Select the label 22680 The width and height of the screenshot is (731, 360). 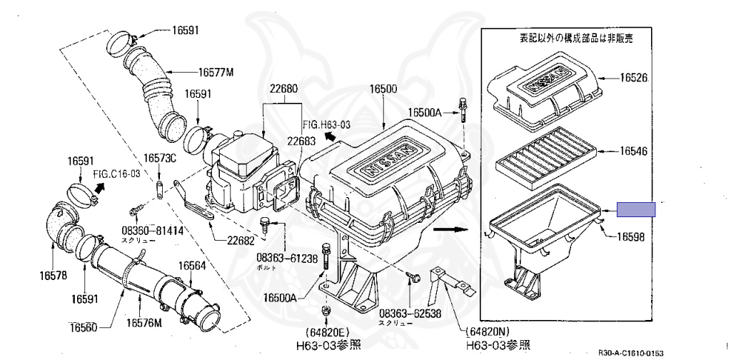[x=283, y=89]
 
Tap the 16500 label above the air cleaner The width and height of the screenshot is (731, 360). [x=383, y=89]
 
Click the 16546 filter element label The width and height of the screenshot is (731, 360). [x=632, y=151]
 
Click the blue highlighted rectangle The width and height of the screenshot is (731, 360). [x=635, y=209]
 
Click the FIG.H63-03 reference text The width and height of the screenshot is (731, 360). [x=326, y=124]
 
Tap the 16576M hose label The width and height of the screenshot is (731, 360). [x=144, y=323]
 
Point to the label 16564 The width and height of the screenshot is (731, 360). [x=191, y=265]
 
